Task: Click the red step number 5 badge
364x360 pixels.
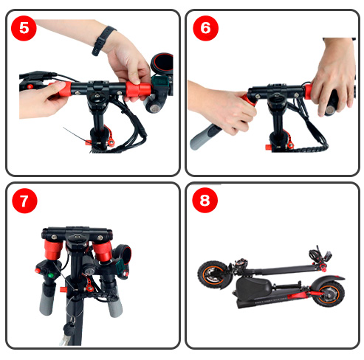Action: click(x=24, y=28)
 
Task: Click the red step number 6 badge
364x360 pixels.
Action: click(x=205, y=28)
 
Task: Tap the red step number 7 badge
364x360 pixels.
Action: click(x=24, y=201)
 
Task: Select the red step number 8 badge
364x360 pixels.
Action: click(x=205, y=200)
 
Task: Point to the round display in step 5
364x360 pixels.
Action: click(x=162, y=64)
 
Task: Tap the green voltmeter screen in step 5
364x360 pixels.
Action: click(x=160, y=82)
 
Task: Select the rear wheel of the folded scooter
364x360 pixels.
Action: click(x=329, y=293)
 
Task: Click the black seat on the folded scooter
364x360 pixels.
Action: click(x=253, y=285)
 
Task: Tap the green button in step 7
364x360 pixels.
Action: click(x=51, y=275)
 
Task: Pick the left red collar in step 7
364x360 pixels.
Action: click(x=53, y=249)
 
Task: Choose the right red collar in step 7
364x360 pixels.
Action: click(x=103, y=252)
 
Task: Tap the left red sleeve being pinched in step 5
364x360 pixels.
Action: click(x=62, y=89)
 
